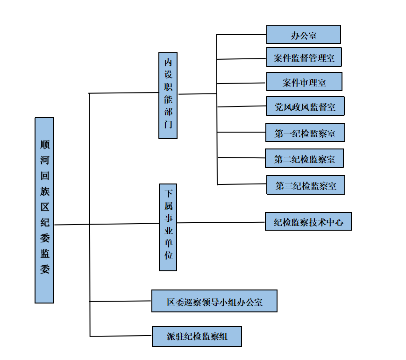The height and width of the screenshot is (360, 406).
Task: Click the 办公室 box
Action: point(303,35)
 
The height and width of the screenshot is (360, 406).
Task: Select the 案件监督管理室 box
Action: point(304,58)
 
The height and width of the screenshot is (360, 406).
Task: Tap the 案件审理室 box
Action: point(304,82)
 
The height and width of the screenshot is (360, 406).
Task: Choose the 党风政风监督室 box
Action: point(305,106)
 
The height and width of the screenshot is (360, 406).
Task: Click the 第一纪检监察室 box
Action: point(305,133)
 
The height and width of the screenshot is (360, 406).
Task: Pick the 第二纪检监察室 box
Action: point(304,159)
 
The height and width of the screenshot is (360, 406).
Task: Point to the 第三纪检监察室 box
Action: point(306,185)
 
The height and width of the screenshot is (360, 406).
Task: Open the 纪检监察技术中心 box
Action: point(308,222)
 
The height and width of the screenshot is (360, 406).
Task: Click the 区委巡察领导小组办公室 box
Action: point(214,301)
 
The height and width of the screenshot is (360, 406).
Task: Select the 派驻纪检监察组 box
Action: point(197,336)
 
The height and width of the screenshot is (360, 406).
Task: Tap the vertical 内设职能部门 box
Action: point(168,95)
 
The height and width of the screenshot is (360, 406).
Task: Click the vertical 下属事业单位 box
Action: point(168,227)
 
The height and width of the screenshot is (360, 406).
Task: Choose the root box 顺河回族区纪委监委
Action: point(44,210)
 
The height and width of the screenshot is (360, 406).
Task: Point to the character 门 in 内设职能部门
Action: point(168,125)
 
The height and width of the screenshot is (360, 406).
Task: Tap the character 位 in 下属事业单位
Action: point(168,255)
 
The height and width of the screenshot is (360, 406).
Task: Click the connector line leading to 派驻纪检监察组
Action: point(121,336)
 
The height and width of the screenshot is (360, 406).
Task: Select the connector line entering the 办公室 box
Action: point(242,35)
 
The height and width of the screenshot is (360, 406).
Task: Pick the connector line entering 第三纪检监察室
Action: point(242,184)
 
